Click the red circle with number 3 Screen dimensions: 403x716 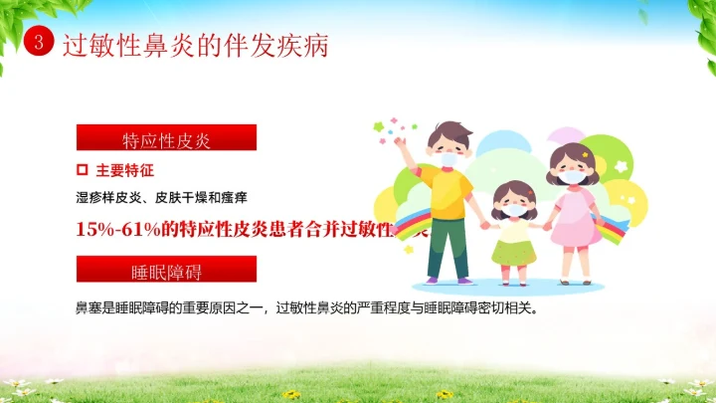coord(38,43)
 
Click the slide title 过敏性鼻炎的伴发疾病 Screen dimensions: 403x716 coord(195,45)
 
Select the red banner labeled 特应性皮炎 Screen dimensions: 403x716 coord(166,137)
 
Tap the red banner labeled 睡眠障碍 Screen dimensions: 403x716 coord(166,269)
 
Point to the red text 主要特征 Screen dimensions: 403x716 coord(125,170)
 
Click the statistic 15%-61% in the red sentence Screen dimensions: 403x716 coord(111,228)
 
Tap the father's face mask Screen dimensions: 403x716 coord(448,158)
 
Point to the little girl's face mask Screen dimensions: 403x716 coord(514,210)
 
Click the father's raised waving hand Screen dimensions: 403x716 coord(401,142)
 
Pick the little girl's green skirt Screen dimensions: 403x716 coord(515,248)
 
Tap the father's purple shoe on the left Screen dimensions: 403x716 coord(433,281)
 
